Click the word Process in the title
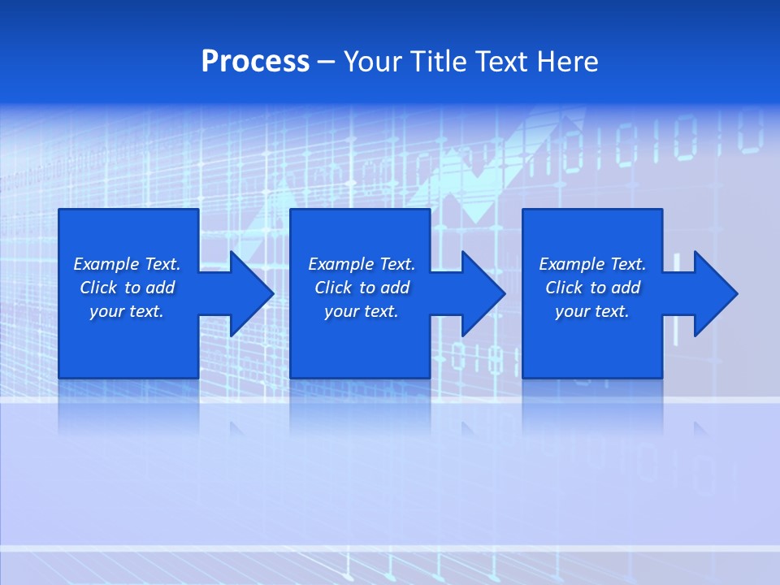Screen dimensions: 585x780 [x=255, y=62]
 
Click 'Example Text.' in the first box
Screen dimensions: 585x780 [x=127, y=264]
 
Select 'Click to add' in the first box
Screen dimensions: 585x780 [x=127, y=288]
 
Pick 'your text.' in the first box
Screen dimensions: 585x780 [x=127, y=311]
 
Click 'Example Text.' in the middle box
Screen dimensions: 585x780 [x=362, y=264]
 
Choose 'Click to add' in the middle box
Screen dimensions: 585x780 [x=362, y=288]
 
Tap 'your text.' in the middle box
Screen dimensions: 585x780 [x=362, y=311]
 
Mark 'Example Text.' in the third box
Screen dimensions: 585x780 [x=592, y=264]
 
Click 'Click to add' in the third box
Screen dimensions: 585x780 [x=592, y=288]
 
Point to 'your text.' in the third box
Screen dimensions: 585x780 [x=592, y=311]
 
